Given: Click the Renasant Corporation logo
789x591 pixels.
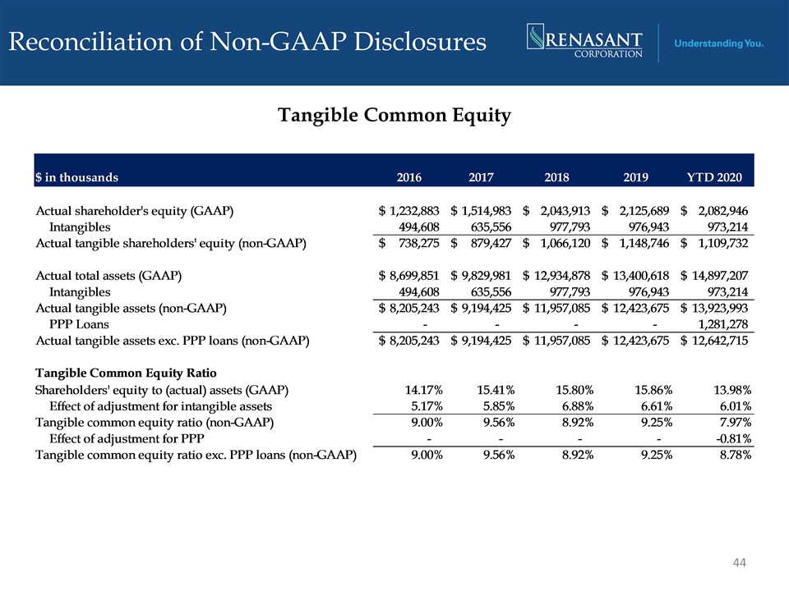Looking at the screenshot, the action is [584, 41].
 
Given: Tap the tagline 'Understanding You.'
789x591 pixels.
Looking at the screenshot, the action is [718, 44].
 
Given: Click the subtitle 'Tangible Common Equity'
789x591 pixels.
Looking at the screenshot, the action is [394, 115].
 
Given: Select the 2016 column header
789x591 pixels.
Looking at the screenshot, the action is [408, 177].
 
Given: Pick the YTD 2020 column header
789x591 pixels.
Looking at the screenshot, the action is [714, 177].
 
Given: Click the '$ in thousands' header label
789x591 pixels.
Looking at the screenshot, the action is [76, 177].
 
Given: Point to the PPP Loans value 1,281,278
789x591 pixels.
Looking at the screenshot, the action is [722, 324].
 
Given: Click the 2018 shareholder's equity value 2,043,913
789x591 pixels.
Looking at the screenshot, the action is [565, 211].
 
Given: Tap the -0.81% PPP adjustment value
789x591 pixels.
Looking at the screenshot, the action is [733, 438].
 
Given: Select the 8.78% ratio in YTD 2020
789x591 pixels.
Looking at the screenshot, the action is [735, 455].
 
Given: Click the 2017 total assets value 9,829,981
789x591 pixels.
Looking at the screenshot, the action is [486, 276].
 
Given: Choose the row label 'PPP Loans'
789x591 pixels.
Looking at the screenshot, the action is [79, 324].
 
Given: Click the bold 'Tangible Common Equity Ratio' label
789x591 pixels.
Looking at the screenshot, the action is [126, 373].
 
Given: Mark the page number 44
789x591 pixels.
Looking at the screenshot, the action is [739, 562].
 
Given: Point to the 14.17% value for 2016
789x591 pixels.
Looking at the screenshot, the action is [424, 390].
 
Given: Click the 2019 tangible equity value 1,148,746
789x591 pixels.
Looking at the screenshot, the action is [644, 243].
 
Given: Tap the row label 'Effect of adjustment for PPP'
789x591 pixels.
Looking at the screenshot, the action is [127, 438].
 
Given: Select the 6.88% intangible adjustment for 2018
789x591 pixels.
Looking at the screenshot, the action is [578, 406].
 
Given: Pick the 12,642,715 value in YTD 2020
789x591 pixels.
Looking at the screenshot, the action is [720, 340].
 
